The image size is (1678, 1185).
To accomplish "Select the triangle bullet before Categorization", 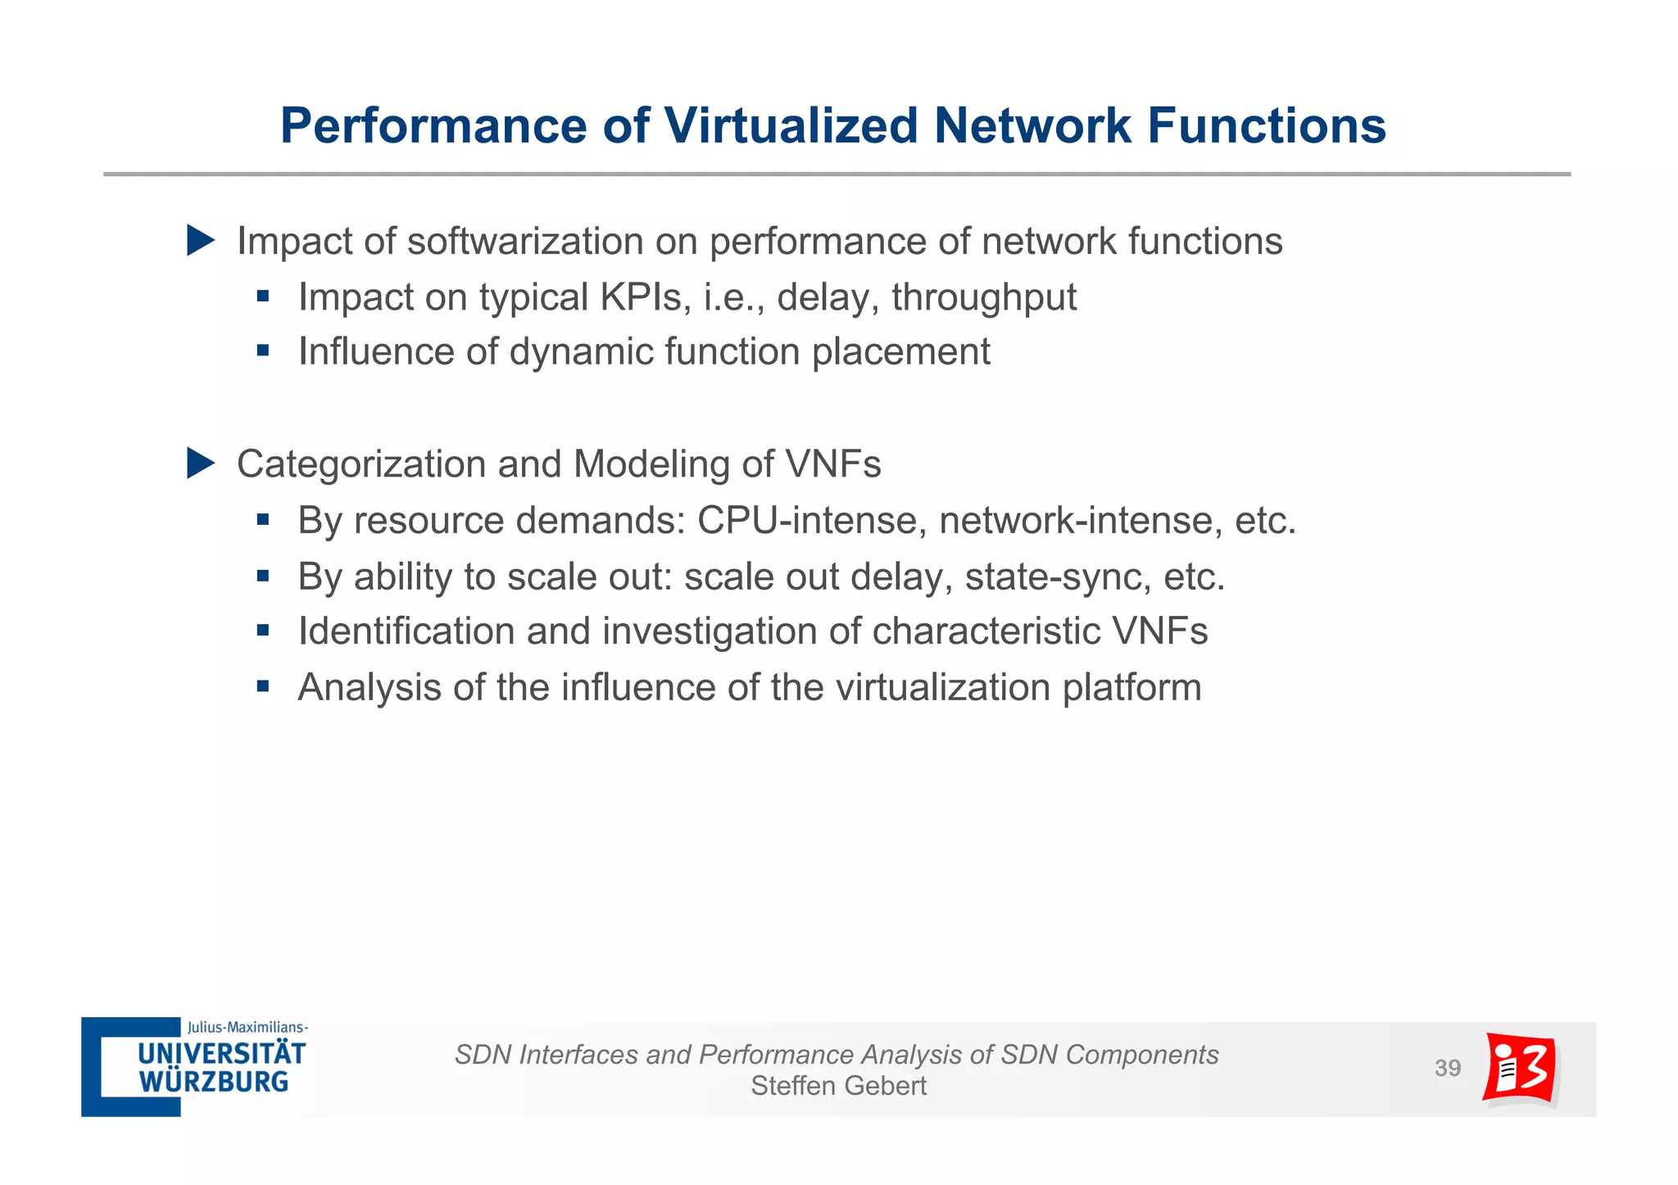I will coord(200,464).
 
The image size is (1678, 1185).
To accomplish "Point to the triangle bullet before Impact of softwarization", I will coord(200,241).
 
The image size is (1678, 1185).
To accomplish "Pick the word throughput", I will coord(984,297).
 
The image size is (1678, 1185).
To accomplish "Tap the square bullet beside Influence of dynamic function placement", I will coord(262,351).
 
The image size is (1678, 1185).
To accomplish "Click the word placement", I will coord(901,352).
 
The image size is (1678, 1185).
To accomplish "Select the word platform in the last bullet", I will coord(1132,688).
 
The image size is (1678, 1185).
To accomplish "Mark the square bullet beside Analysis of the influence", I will coord(262,686).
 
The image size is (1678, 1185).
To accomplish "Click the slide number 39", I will coord(1447,1068).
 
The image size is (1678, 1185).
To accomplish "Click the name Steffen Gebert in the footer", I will coord(838,1086).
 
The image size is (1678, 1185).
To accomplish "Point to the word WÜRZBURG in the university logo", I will coord(214,1082).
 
